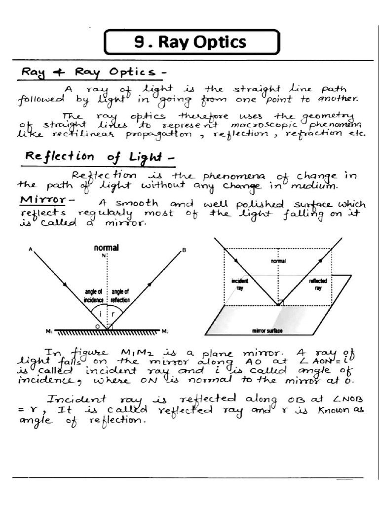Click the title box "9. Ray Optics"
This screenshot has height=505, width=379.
pos(191,42)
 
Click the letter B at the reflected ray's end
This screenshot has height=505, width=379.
pos(185,251)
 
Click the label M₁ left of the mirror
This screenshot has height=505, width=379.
pos(49,331)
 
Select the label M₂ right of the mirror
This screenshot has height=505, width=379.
pos(165,331)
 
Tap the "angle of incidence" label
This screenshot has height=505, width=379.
pos(93,296)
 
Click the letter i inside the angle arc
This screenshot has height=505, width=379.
pos(101,313)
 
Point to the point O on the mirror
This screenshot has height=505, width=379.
pos(98,326)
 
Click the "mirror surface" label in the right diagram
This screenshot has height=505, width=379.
pos(267,331)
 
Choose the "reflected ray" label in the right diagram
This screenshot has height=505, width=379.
pos(317,284)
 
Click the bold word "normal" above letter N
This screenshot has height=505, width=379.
pos(106,248)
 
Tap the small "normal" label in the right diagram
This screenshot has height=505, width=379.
pos(279,261)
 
